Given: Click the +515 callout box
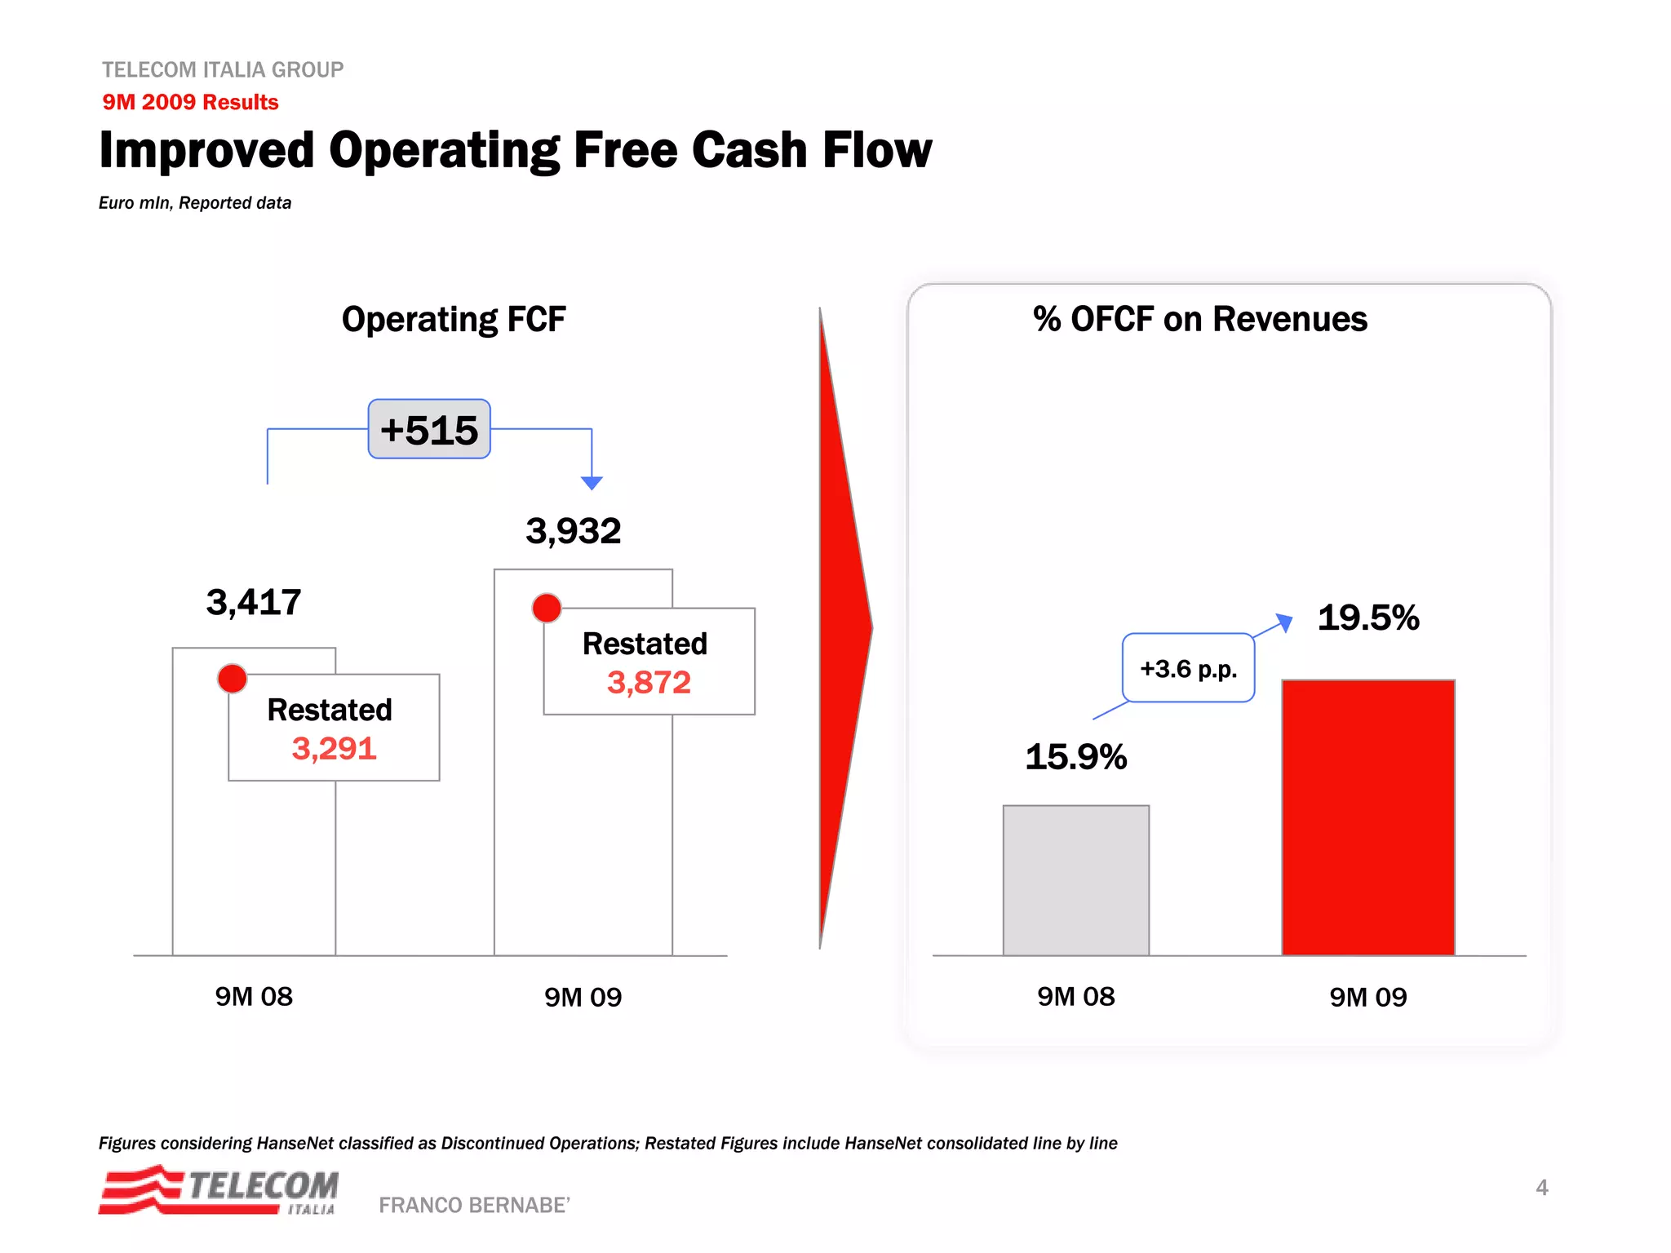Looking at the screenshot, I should click(x=429, y=429).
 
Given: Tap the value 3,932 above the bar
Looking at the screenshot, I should click(x=574, y=531).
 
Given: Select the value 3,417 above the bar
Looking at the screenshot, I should click(x=254, y=603).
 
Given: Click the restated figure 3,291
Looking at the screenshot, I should click(x=335, y=749).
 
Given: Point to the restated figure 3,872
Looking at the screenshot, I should click(x=649, y=683).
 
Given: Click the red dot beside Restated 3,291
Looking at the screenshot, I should click(x=233, y=678).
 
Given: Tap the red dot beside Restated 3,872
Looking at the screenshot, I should click(x=547, y=608).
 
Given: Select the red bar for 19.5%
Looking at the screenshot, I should click(x=1368, y=817).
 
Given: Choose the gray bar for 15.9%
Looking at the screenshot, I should click(x=1076, y=880).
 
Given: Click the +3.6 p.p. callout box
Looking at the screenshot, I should click(x=1189, y=668).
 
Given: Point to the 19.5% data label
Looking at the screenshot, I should click(x=1368, y=618).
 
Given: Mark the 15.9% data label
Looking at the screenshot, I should click(x=1076, y=757).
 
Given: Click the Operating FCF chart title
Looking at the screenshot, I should click(x=454, y=319).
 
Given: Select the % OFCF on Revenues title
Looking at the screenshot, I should click(x=1200, y=319).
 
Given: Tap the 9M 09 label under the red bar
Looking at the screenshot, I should click(x=1368, y=997).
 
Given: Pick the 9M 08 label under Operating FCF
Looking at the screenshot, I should click(x=254, y=997).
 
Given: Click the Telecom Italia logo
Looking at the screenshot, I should click(x=219, y=1190).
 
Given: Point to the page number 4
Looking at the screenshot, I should click(x=1542, y=1188).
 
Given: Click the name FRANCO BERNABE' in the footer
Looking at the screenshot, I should click(x=474, y=1205).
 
